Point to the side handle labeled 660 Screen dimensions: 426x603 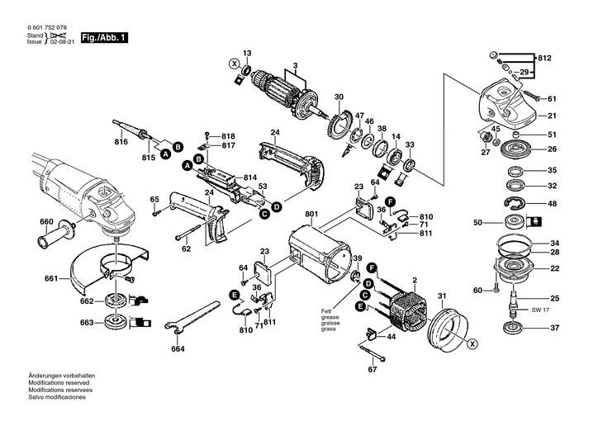pos(55,242)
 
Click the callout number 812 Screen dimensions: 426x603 pos(544,59)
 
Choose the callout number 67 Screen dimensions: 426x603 pos(372,369)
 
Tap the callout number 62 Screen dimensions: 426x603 pos(186,248)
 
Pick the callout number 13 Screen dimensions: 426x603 pos(246,52)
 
